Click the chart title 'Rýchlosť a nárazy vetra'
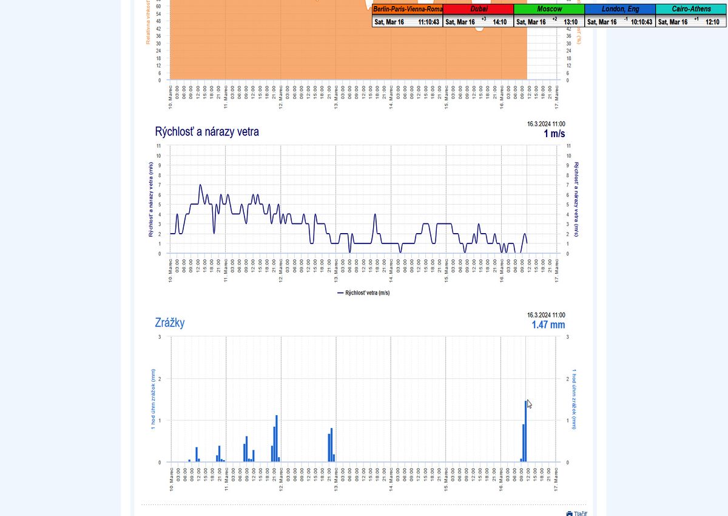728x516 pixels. pyautogui.click(x=207, y=132)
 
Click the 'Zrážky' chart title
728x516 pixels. pyautogui.click(x=170, y=323)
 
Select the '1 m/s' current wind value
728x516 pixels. pyautogui.click(x=554, y=134)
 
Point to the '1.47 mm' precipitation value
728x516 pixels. pyautogui.click(x=548, y=325)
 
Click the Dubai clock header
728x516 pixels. pyautogui.click(x=479, y=9)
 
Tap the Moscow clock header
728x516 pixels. pyautogui.click(x=549, y=9)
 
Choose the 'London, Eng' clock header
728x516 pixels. pyautogui.click(x=620, y=9)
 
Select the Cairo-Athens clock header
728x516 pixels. pyautogui.click(x=690, y=9)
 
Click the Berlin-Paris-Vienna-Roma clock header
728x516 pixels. pyautogui.click(x=408, y=9)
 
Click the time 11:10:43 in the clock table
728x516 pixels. pyautogui.click(x=428, y=22)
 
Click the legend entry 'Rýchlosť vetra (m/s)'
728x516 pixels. pyautogui.click(x=363, y=293)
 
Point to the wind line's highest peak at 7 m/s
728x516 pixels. pyautogui.click(x=200, y=185)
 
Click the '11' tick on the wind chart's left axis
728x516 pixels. pyautogui.click(x=159, y=146)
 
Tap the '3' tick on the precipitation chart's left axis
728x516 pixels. pyautogui.click(x=160, y=336)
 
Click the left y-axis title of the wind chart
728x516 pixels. pyautogui.click(x=151, y=199)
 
